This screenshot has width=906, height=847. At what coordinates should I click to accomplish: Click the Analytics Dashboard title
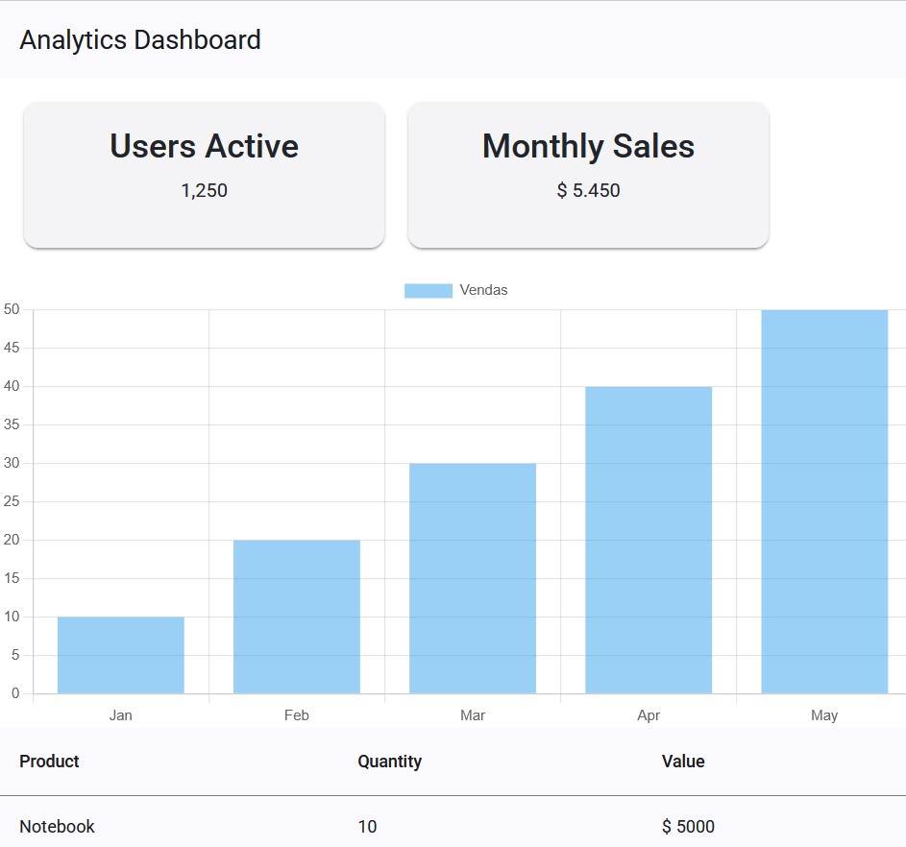coord(140,40)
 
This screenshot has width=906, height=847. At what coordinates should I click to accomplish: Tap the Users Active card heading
coord(204,146)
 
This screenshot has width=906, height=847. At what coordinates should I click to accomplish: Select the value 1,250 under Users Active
coord(204,190)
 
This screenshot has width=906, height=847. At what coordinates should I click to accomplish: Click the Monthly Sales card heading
coord(588,146)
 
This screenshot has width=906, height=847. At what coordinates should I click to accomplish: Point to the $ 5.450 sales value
coord(588,190)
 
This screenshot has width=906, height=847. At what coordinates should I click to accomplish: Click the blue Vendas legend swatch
coord(428,290)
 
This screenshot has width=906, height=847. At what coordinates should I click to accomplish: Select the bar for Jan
coord(121,655)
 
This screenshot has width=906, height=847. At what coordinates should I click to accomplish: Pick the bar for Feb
coord(297,617)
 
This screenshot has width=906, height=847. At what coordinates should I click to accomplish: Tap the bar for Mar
coord(473,578)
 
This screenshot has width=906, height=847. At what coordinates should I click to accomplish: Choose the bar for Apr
coord(649,540)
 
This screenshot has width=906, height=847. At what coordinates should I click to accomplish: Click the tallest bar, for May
coord(824,501)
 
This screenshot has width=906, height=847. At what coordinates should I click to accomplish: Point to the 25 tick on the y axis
coord(12,501)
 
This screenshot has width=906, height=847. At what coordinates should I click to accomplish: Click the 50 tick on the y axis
coord(12,309)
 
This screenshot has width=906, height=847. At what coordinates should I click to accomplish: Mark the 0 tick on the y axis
coord(14,693)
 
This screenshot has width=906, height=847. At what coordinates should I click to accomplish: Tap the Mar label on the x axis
coord(473,715)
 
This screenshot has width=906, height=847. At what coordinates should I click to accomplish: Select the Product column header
coord(49,762)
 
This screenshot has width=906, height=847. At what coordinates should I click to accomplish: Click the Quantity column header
coord(389,762)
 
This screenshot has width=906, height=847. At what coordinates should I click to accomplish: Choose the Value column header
coord(683,762)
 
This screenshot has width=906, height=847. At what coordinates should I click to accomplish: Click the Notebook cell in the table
coord(57,827)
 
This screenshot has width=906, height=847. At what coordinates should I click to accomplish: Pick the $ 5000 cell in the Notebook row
coord(688,827)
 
